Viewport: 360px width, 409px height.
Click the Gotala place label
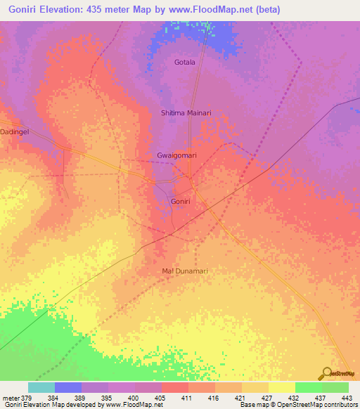click(x=184, y=63)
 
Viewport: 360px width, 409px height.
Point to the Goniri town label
click(x=180, y=202)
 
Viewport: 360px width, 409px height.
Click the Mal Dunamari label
click(x=186, y=271)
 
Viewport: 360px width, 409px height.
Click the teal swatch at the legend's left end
click(x=41, y=387)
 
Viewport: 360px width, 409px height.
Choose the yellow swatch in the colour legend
click(x=281, y=387)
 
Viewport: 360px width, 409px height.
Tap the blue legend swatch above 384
click(x=68, y=387)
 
